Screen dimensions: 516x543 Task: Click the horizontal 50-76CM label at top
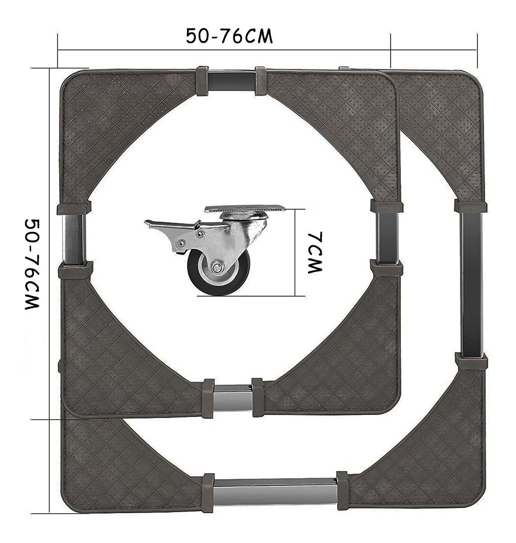[229, 36]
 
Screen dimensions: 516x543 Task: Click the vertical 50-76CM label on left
[32, 264]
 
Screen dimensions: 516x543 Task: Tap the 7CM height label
[315, 252]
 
